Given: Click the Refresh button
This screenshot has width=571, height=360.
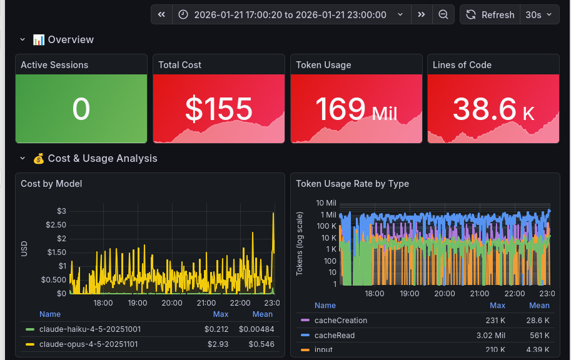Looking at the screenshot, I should (490, 14).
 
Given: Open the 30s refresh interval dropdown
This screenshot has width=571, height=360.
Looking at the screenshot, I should (540, 14).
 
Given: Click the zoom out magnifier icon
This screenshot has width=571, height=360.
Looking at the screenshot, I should (443, 14).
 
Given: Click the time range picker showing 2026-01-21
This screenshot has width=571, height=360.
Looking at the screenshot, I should (291, 14).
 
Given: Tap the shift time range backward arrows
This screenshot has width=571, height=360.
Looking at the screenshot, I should (161, 14).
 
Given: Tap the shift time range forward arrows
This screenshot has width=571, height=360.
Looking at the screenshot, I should (422, 14).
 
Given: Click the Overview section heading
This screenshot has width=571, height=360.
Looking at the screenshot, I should (70, 39).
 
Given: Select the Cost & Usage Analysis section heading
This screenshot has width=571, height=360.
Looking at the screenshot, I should (102, 158).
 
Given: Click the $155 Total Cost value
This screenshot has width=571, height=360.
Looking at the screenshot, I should (218, 109).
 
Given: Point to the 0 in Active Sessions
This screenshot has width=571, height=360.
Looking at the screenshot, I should (81, 109).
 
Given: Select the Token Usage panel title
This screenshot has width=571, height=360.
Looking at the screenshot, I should (323, 65).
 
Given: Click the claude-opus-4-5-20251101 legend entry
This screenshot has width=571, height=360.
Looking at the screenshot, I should (88, 344).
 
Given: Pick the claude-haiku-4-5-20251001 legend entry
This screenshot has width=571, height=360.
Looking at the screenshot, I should (89, 329).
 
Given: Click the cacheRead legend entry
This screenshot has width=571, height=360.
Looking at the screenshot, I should (334, 336).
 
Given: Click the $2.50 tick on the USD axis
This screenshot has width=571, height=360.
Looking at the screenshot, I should (56, 224).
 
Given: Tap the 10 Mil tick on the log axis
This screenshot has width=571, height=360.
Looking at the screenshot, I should (326, 203).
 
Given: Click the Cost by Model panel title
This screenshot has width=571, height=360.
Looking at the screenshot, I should (51, 184).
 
